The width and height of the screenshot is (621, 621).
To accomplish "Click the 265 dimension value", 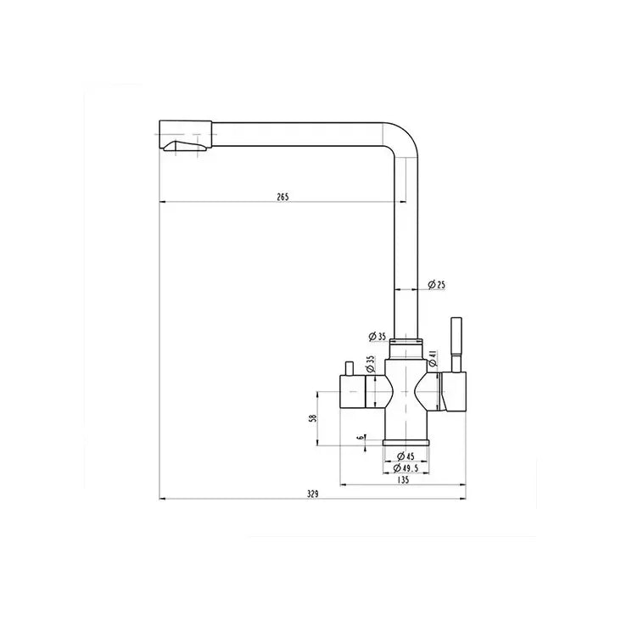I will click(x=283, y=196).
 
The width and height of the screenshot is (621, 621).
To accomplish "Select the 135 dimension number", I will click(x=403, y=480).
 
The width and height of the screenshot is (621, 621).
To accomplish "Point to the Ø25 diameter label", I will click(x=437, y=284).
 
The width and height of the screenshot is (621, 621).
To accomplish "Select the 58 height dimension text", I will click(x=312, y=418).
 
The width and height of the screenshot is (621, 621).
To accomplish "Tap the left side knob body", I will click(x=355, y=391).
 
